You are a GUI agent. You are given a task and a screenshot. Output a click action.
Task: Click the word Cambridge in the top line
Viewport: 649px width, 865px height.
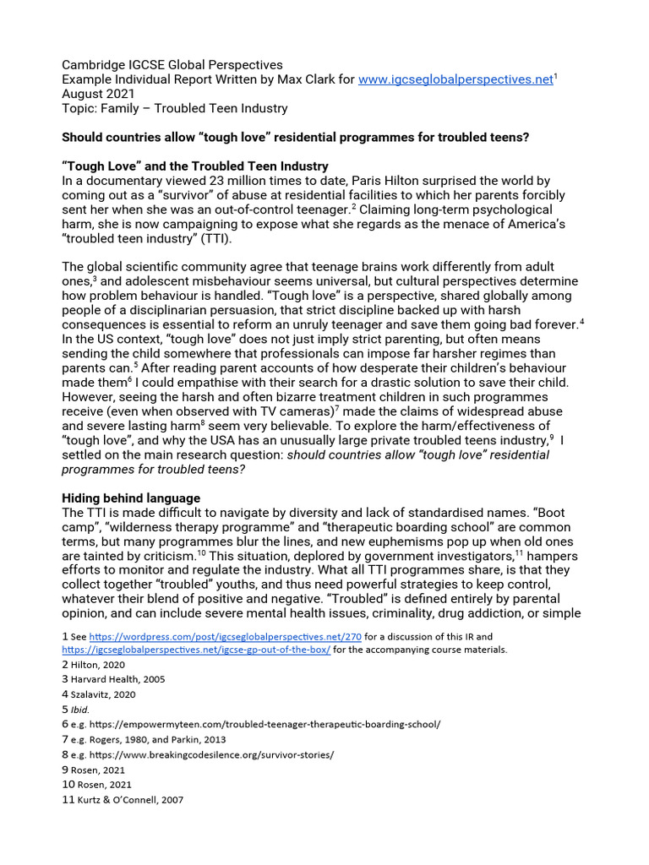tap(96, 65)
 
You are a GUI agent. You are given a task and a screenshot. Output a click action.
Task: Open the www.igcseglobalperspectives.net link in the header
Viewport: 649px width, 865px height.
tap(455, 79)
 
